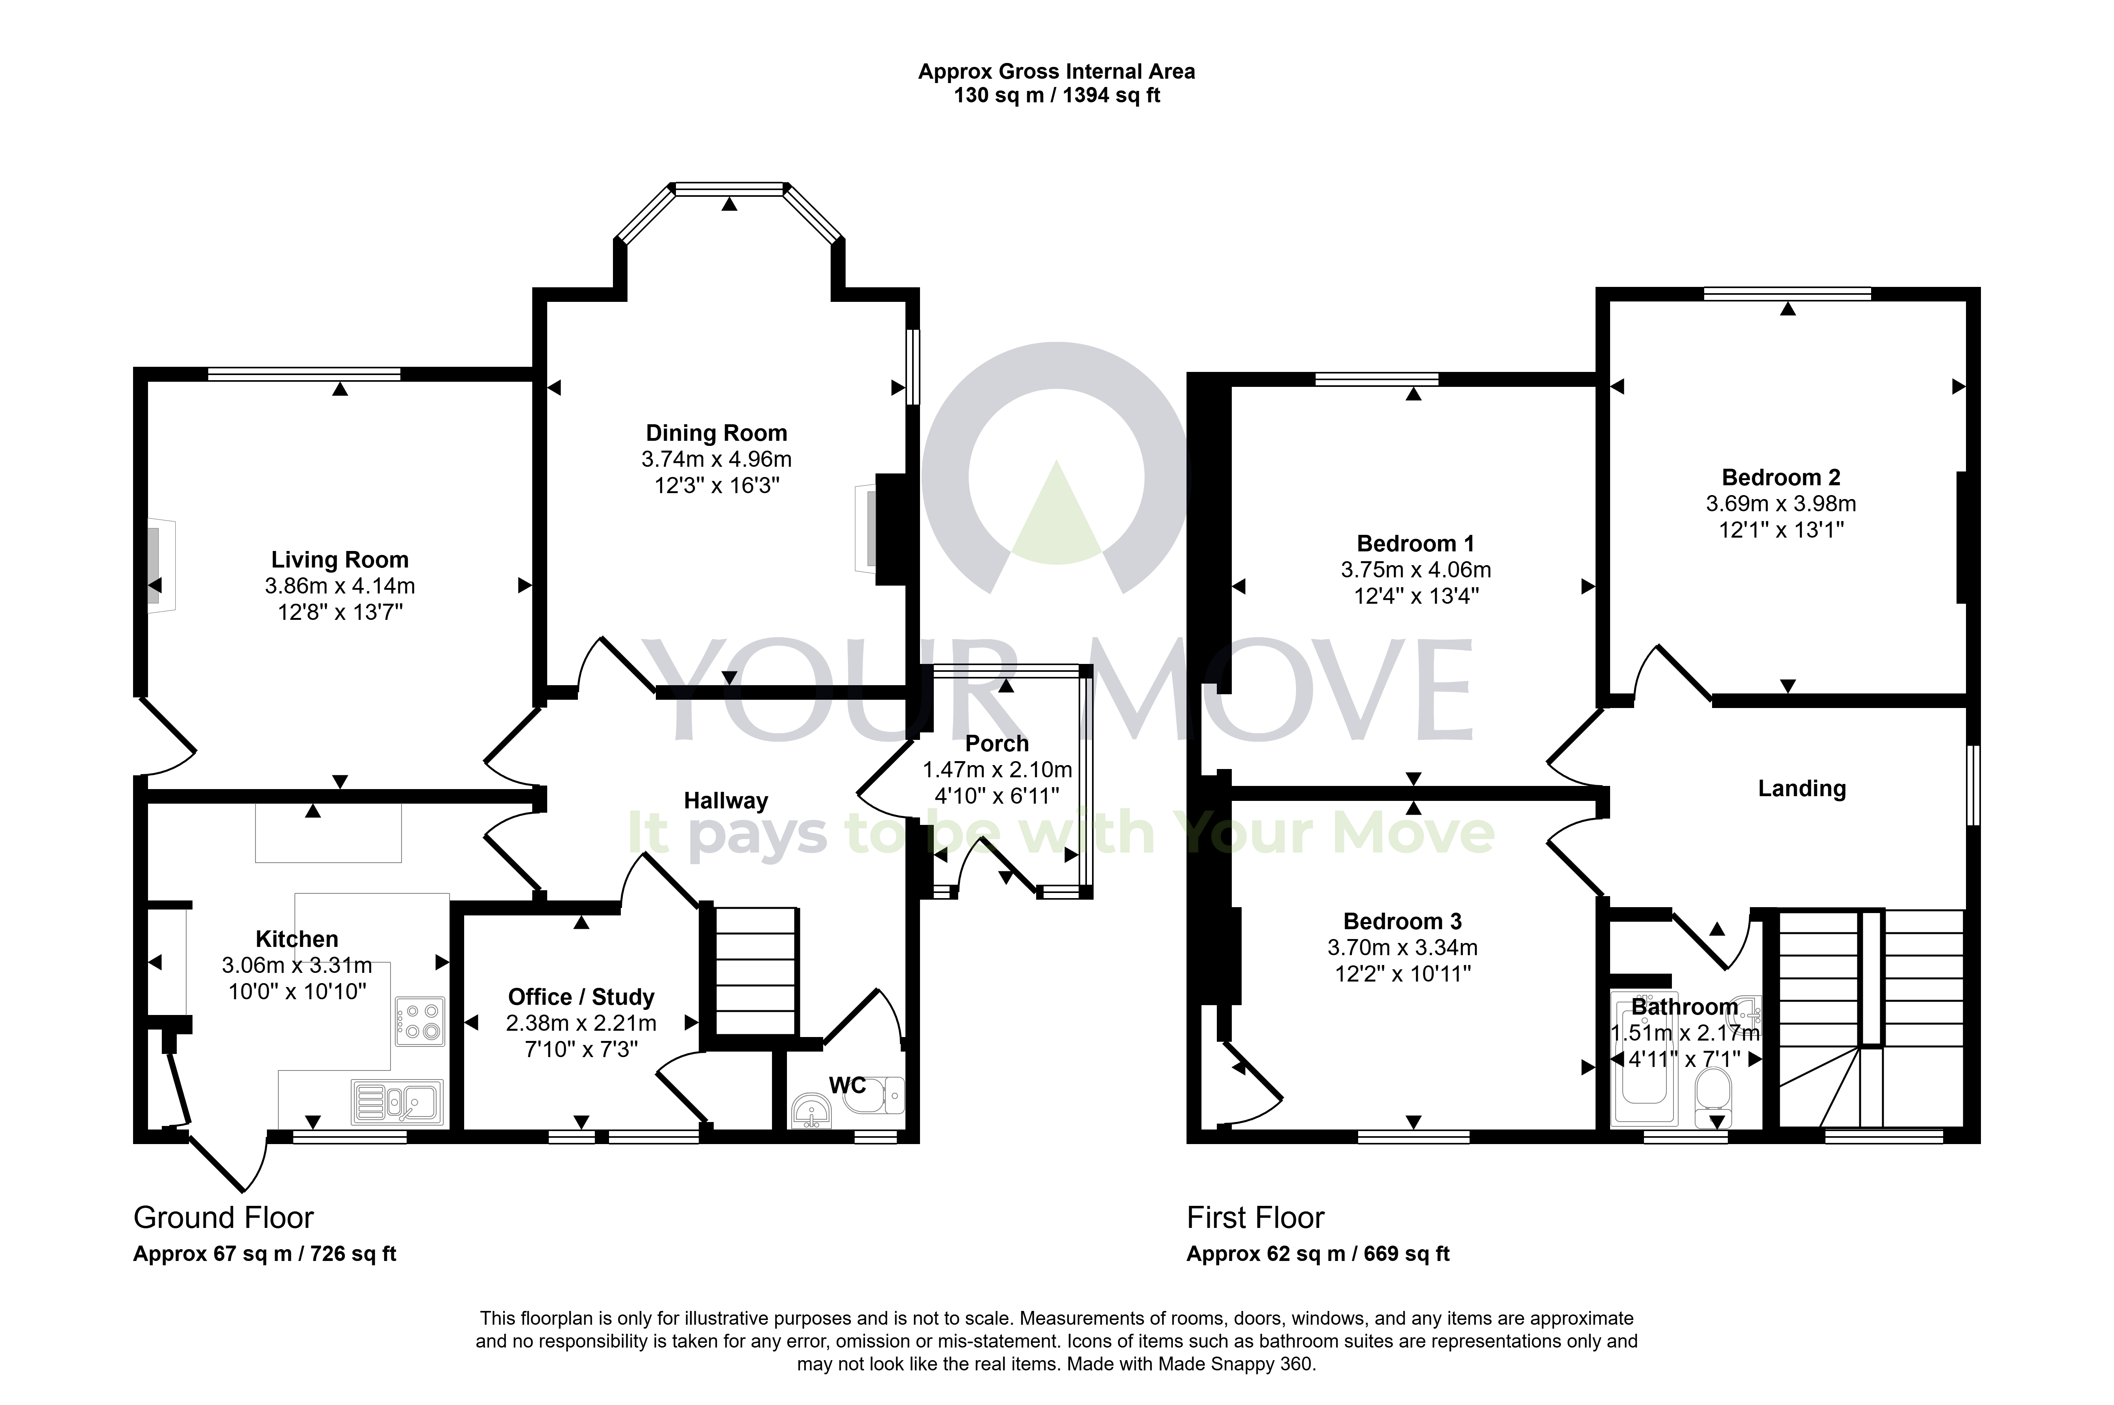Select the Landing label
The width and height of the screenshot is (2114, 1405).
point(1801,789)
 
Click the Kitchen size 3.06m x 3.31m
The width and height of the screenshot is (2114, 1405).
point(296,965)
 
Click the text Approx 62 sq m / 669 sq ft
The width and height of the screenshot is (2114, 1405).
point(1317,1253)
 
